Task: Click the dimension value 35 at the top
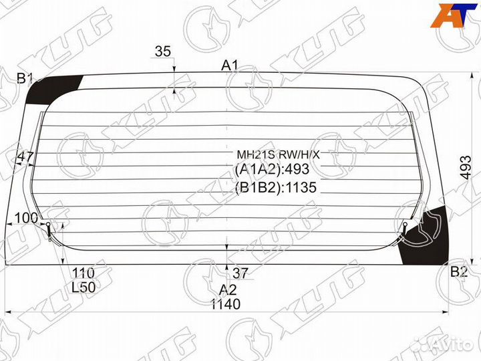(162, 51)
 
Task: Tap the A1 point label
(230, 66)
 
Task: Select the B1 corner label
(25, 79)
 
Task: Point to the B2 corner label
(459, 271)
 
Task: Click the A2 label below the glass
(228, 289)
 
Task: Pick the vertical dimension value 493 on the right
(466, 168)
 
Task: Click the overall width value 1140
(226, 304)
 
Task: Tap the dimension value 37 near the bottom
(240, 273)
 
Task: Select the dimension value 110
(83, 273)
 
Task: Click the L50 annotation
(84, 287)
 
